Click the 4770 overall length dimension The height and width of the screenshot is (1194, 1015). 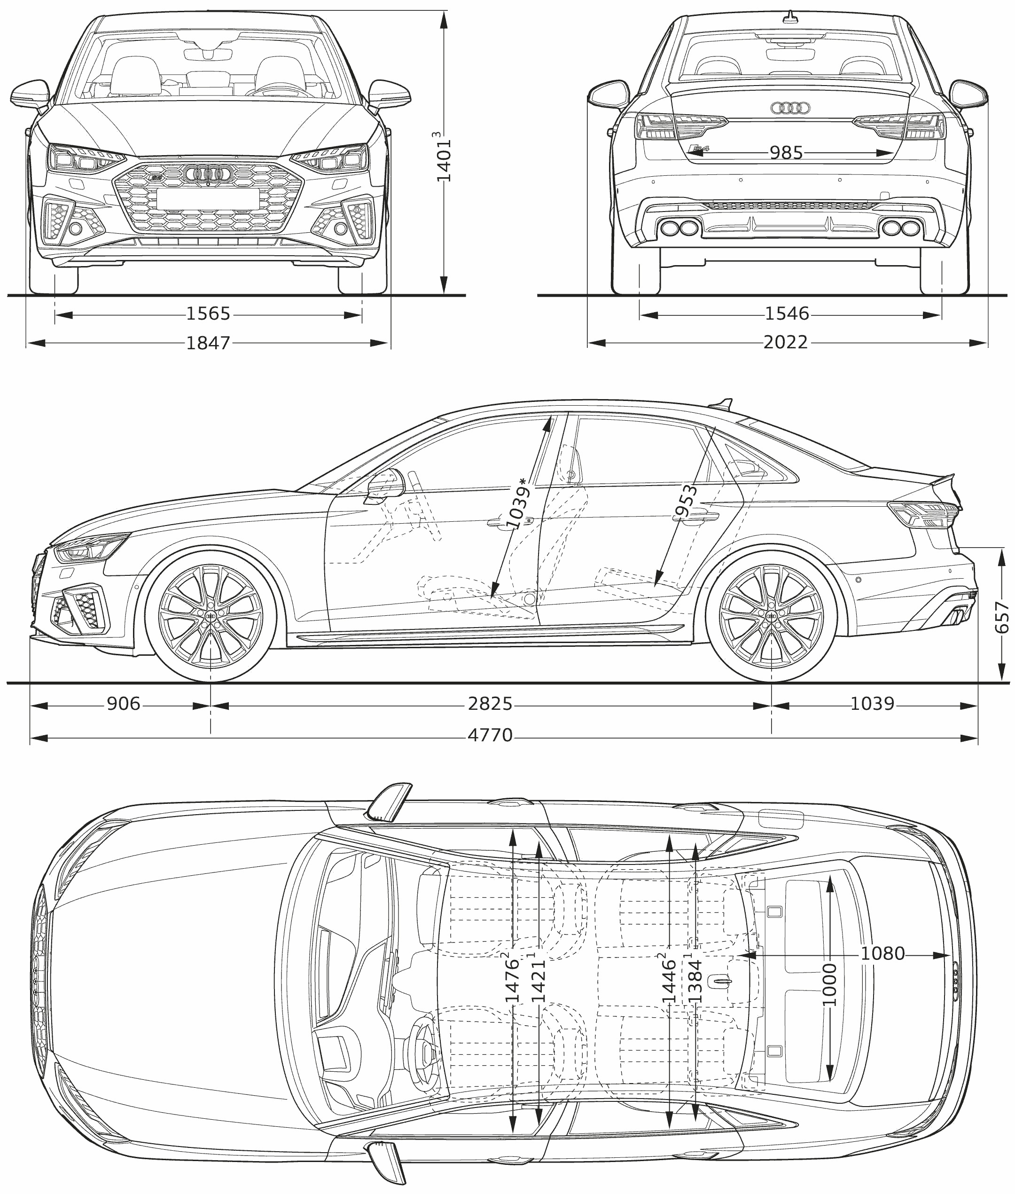click(x=490, y=735)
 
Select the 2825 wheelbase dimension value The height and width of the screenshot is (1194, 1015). click(x=490, y=704)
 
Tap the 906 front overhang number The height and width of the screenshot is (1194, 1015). click(x=124, y=704)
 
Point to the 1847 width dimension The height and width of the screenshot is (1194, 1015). click(x=208, y=343)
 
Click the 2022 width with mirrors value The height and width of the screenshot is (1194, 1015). click(x=786, y=343)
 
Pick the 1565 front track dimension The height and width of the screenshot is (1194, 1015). click(x=208, y=314)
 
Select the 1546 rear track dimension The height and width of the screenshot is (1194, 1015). click(x=787, y=314)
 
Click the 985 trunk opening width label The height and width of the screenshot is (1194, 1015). click(x=786, y=153)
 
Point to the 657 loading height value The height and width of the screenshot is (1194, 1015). click(x=1002, y=617)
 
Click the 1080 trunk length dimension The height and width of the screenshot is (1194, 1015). click(x=882, y=954)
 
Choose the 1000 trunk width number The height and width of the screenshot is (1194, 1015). click(x=829, y=984)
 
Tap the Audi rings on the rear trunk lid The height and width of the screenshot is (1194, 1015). click(x=790, y=108)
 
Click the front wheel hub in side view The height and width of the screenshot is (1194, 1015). click(x=211, y=617)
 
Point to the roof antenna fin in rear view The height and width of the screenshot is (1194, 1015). click(x=792, y=18)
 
